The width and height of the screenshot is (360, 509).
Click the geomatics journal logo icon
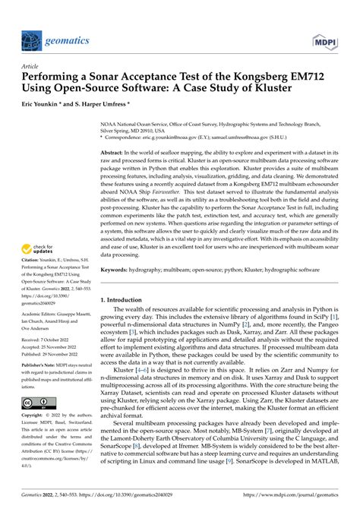[31, 40]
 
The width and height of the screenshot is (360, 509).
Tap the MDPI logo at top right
[326, 40]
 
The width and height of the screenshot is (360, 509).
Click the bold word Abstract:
[115, 152]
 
